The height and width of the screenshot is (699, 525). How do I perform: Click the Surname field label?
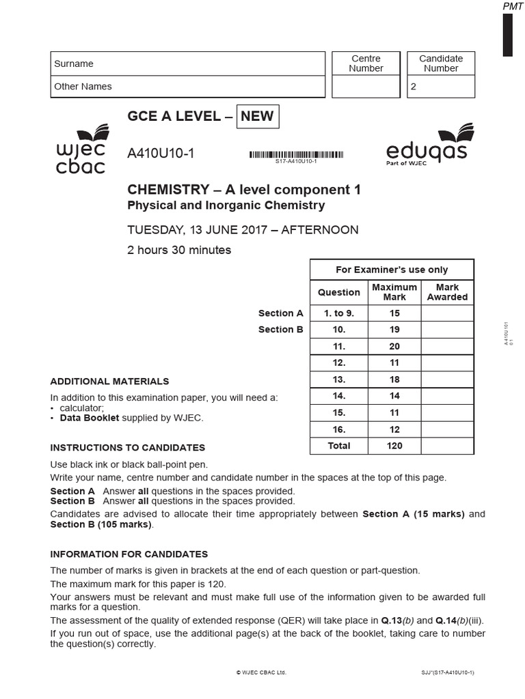click(x=74, y=63)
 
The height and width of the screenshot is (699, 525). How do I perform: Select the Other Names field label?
click(x=83, y=87)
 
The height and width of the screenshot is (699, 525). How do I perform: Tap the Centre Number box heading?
click(x=366, y=63)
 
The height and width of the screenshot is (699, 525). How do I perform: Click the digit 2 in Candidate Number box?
click(x=413, y=87)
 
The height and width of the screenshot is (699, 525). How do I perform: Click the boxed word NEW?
click(x=257, y=116)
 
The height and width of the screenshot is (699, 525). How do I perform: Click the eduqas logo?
click(x=427, y=145)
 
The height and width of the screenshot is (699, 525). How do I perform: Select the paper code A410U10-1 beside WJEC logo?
click(x=161, y=154)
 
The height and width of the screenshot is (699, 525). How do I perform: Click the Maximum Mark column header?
click(x=394, y=292)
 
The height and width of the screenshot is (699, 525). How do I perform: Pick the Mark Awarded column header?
click(x=447, y=292)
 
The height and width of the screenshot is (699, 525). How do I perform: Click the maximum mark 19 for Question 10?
click(x=394, y=330)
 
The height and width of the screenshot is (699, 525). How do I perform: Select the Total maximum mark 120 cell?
click(x=394, y=446)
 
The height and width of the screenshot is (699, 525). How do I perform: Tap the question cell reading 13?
click(x=339, y=380)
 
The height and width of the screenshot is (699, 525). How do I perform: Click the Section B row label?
click(x=280, y=330)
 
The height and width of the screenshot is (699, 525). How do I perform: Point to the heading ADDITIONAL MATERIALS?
click(x=109, y=382)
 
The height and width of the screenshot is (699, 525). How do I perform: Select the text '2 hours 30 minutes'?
click(x=179, y=250)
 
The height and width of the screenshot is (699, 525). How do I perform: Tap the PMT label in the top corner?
click(x=513, y=6)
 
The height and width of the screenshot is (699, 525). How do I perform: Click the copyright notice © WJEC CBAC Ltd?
click(x=261, y=672)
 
